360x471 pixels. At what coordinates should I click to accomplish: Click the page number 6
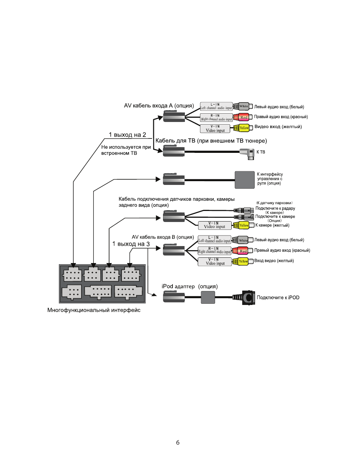tap(178, 442)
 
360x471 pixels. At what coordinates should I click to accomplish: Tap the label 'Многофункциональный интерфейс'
tap(94, 310)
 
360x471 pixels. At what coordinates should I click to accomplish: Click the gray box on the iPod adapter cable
tap(208, 297)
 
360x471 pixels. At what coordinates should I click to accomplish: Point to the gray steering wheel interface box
tap(245, 180)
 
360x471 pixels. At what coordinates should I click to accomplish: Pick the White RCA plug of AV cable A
tap(243, 106)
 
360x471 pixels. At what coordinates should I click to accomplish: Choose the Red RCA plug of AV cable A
tap(243, 117)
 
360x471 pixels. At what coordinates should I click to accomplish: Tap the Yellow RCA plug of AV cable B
tap(242, 261)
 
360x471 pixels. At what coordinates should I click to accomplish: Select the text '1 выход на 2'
tap(127, 135)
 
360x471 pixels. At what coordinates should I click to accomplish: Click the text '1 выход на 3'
tap(131, 244)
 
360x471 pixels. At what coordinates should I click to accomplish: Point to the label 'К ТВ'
tap(261, 152)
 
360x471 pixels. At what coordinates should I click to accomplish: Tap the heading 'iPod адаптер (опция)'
tap(189, 286)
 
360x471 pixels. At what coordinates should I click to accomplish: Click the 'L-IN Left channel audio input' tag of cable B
tap(214, 240)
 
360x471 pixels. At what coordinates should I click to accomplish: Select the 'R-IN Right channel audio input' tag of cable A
tap(216, 117)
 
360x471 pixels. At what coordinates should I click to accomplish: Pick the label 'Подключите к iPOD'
tap(278, 298)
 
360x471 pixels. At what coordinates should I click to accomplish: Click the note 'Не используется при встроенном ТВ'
tap(126, 150)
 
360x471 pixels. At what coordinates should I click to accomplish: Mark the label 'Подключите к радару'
tap(275, 208)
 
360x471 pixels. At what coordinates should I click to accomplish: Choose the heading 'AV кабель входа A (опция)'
tap(159, 106)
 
